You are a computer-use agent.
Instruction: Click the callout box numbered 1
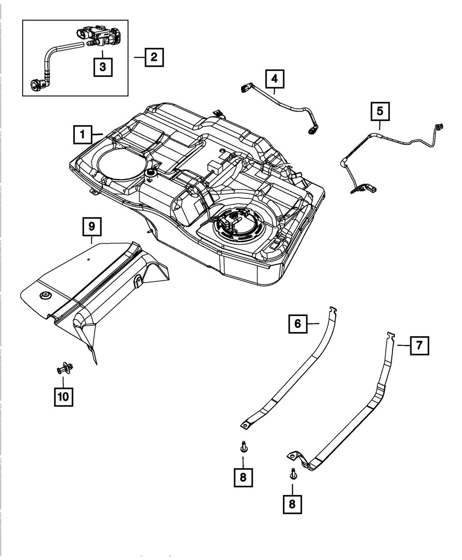click(83, 134)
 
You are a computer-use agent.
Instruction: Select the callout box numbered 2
click(154, 57)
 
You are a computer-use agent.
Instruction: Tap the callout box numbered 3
click(103, 67)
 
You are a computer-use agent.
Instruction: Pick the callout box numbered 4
click(275, 79)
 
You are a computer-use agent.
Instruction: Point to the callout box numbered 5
click(380, 111)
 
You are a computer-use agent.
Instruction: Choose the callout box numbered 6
click(298, 324)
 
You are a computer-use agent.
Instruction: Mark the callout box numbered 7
click(419, 346)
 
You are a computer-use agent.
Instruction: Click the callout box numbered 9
click(92, 226)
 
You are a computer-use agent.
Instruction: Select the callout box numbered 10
click(64, 397)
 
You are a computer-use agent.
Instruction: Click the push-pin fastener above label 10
click(65, 368)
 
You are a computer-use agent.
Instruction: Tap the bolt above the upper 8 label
click(243, 447)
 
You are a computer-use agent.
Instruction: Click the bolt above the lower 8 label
click(293, 474)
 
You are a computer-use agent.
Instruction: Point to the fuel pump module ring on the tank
click(239, 225)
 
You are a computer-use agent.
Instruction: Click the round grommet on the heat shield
click(46, 296)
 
